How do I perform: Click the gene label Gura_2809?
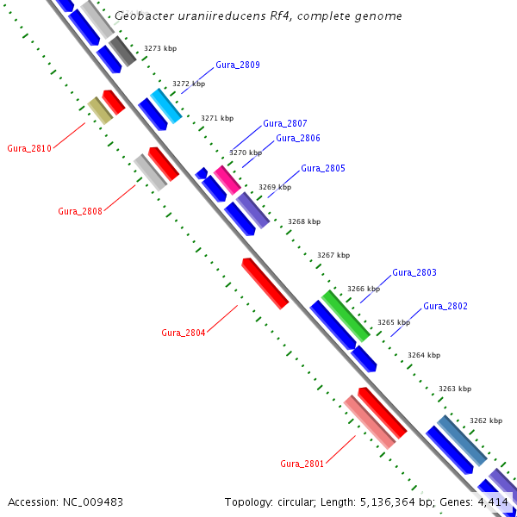click(238, 65)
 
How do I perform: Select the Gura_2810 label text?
click(29, 148)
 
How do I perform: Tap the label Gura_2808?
click(80, 211)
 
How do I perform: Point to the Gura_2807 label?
click(285, 123)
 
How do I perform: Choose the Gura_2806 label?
click(298, 138)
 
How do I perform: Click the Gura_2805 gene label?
click(323, 168)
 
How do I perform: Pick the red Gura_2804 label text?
click(184, 333)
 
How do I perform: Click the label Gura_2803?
click(414, 272)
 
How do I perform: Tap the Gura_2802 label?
click(445, 306)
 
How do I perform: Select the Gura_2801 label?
click(302, 464)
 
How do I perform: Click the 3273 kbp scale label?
click(159, 49)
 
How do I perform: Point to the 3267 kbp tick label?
click(333, 255)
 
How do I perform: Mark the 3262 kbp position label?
click(486, 420)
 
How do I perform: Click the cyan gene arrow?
click(166, 106)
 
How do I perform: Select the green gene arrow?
click(346, 315)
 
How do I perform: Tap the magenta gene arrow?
click(227, 179)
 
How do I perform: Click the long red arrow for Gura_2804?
click(265, 283)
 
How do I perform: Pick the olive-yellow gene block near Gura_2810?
click(99, 109)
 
